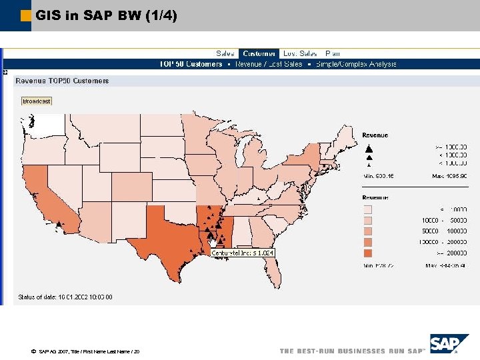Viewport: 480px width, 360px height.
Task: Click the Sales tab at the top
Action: coord(225,53)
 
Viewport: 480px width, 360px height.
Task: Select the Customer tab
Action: coord(259,53)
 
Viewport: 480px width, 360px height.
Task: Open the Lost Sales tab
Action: coord(299,53)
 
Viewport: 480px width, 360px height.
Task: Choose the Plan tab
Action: coord(332,53)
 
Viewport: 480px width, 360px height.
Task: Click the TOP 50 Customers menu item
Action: coord(191,64)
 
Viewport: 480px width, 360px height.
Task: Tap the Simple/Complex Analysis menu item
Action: coord(356,64)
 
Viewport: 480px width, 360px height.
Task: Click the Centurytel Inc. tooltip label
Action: coord(243,253)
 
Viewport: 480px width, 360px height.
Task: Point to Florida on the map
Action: coord(272,270)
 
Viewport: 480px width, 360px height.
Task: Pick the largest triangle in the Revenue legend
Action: coord(368,148)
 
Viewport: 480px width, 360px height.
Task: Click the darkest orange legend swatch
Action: coord(368,254)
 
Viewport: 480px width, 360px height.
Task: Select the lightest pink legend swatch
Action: coord(368,209)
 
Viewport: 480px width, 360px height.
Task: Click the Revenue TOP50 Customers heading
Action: coord(62,81)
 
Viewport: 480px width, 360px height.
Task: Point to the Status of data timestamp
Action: coord(65,297)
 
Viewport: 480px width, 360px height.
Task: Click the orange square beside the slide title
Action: coord(26,15)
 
